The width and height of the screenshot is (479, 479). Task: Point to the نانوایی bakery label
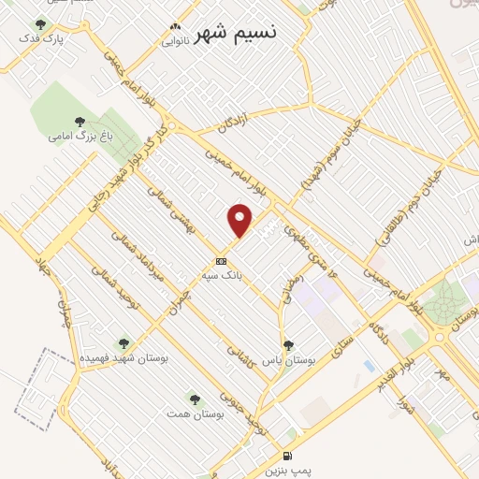(x=175, y=41)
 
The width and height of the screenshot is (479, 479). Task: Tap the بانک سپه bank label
(x=221, y=276)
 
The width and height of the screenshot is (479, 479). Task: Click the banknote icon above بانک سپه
(x=221, y=262)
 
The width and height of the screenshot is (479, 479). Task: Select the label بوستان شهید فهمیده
(x=123, y=358)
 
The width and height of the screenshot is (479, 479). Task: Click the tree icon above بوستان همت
(x=194, y=399)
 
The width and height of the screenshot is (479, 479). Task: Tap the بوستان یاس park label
(x=287, y=359)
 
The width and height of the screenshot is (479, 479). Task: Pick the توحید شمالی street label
(x=113, y=286)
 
